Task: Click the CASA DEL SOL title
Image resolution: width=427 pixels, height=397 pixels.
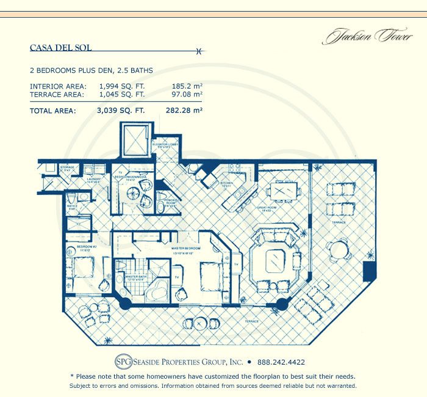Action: coord(61,46)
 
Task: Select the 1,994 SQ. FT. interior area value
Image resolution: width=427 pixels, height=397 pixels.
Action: coord(121,86)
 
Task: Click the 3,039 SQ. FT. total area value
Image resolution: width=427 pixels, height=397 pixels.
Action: coord(120,111)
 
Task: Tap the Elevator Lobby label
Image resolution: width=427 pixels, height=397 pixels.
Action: coord(167,147)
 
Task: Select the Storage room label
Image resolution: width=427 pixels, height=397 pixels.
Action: coord(67,168)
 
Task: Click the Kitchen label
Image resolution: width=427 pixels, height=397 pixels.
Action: coord(226,182)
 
